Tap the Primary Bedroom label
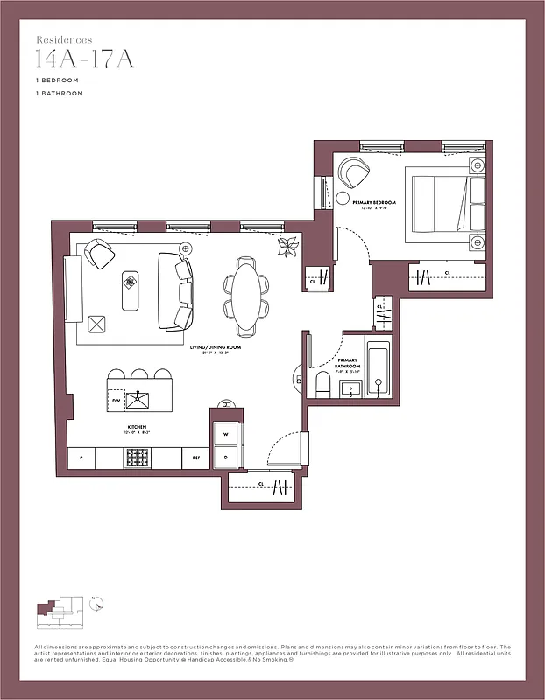coord(374,203)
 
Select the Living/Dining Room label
coord(216,347)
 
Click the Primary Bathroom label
coord(348,361)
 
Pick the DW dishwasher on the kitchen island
coord(117,401)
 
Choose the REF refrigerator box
coord(195,458)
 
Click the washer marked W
coord(225,433)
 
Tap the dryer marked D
coord(225,457)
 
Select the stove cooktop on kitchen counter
coord(137,458)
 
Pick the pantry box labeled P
coord(81,458)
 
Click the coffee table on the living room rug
coord(130,288)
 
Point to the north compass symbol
coord(98,603)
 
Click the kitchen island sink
coord(138,401)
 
